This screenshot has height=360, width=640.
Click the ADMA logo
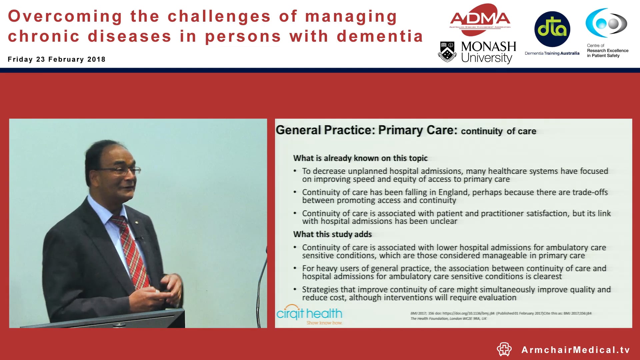click(x=480, y=19)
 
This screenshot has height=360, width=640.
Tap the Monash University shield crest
click(x=447, y=52)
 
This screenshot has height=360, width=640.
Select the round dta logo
click(x=552, y=29)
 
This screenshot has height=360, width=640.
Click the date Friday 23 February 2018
click(x=57, y=59)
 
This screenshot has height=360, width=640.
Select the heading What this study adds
click(x=332, y=234)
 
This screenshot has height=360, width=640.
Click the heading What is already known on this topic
click(x=360, y=158)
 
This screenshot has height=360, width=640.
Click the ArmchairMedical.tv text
click(x=576, y=350)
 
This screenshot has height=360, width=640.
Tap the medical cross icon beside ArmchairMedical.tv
click(x=504, y=349)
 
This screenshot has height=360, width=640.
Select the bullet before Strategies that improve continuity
click(x=295, y=289)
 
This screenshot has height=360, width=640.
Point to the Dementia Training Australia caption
click(x=552, y=53)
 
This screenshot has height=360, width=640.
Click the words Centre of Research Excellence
click(x=607, y=51)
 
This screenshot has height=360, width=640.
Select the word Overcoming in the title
click(x=65, y=16)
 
